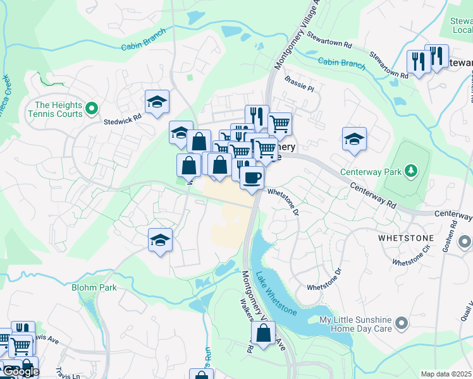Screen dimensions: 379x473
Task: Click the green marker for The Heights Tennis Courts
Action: click(x=92, y=109)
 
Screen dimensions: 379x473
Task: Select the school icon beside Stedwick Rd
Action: click(x=157, y=102)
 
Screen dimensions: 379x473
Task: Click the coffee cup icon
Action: click(x=252, y=177)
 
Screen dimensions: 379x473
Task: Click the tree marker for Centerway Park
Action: click(x=411, y=171)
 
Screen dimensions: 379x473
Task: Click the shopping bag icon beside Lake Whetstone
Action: click(x=263, y=333)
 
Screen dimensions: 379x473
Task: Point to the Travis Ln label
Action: click(x=67, y=373)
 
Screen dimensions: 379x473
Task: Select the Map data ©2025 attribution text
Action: click(x=446, y=374)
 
